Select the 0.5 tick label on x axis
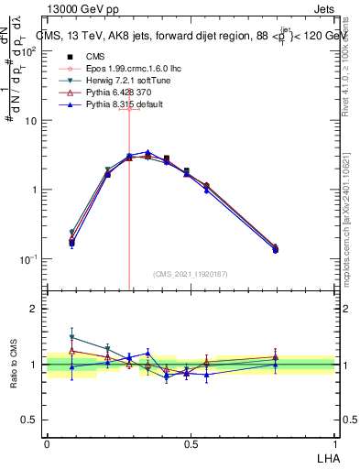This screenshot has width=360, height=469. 191,442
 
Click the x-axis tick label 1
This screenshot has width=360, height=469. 334,442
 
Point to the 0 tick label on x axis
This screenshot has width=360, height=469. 47,442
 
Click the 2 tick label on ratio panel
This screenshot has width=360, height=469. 33,309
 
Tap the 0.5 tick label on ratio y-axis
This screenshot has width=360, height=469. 29,420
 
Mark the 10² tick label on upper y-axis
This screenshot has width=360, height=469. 29,51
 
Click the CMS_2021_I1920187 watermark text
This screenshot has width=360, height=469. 191,274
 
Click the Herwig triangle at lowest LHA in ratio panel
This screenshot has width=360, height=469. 72,337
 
